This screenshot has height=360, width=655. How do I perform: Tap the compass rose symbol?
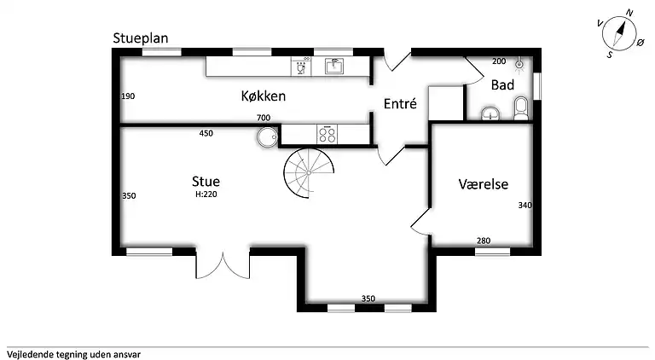(x=621, y=34)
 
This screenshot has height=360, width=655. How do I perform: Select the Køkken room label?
(x=262, y=96)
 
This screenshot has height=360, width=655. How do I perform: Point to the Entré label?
(x=400, y=104)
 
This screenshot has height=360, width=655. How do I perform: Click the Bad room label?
(x=501, y=85)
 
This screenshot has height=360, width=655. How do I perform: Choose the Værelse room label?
(x=483, y=183)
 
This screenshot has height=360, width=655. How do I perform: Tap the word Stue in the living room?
(x=206, y=182)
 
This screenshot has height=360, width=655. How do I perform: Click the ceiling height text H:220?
(x=206, y=195)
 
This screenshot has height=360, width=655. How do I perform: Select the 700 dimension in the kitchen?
(x=263, y=118)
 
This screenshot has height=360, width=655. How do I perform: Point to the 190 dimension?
(x=128, y=96)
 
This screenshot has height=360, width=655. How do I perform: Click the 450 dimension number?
(x=206, y=133)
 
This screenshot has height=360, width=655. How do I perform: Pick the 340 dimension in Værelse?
(x=525, y=205)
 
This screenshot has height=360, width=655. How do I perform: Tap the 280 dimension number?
(x=484, y=241)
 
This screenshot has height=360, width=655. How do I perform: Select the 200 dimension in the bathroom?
(x=499, y=61)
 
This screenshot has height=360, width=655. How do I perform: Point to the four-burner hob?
(x=327, y=134)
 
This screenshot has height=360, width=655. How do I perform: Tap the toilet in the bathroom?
(x=521, y=107)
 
